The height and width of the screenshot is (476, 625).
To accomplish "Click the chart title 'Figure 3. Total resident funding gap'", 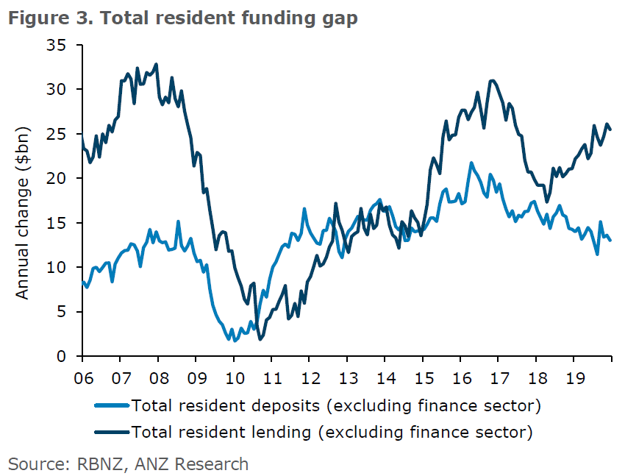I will (183, 18).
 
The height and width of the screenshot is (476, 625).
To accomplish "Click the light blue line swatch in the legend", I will (112, 405).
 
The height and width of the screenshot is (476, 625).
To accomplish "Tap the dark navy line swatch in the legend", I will (112, 431).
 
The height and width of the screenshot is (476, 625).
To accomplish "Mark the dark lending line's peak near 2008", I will (156, 64).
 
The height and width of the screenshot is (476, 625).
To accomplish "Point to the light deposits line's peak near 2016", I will (471, 163).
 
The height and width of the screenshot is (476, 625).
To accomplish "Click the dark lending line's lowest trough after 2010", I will (260, 339).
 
